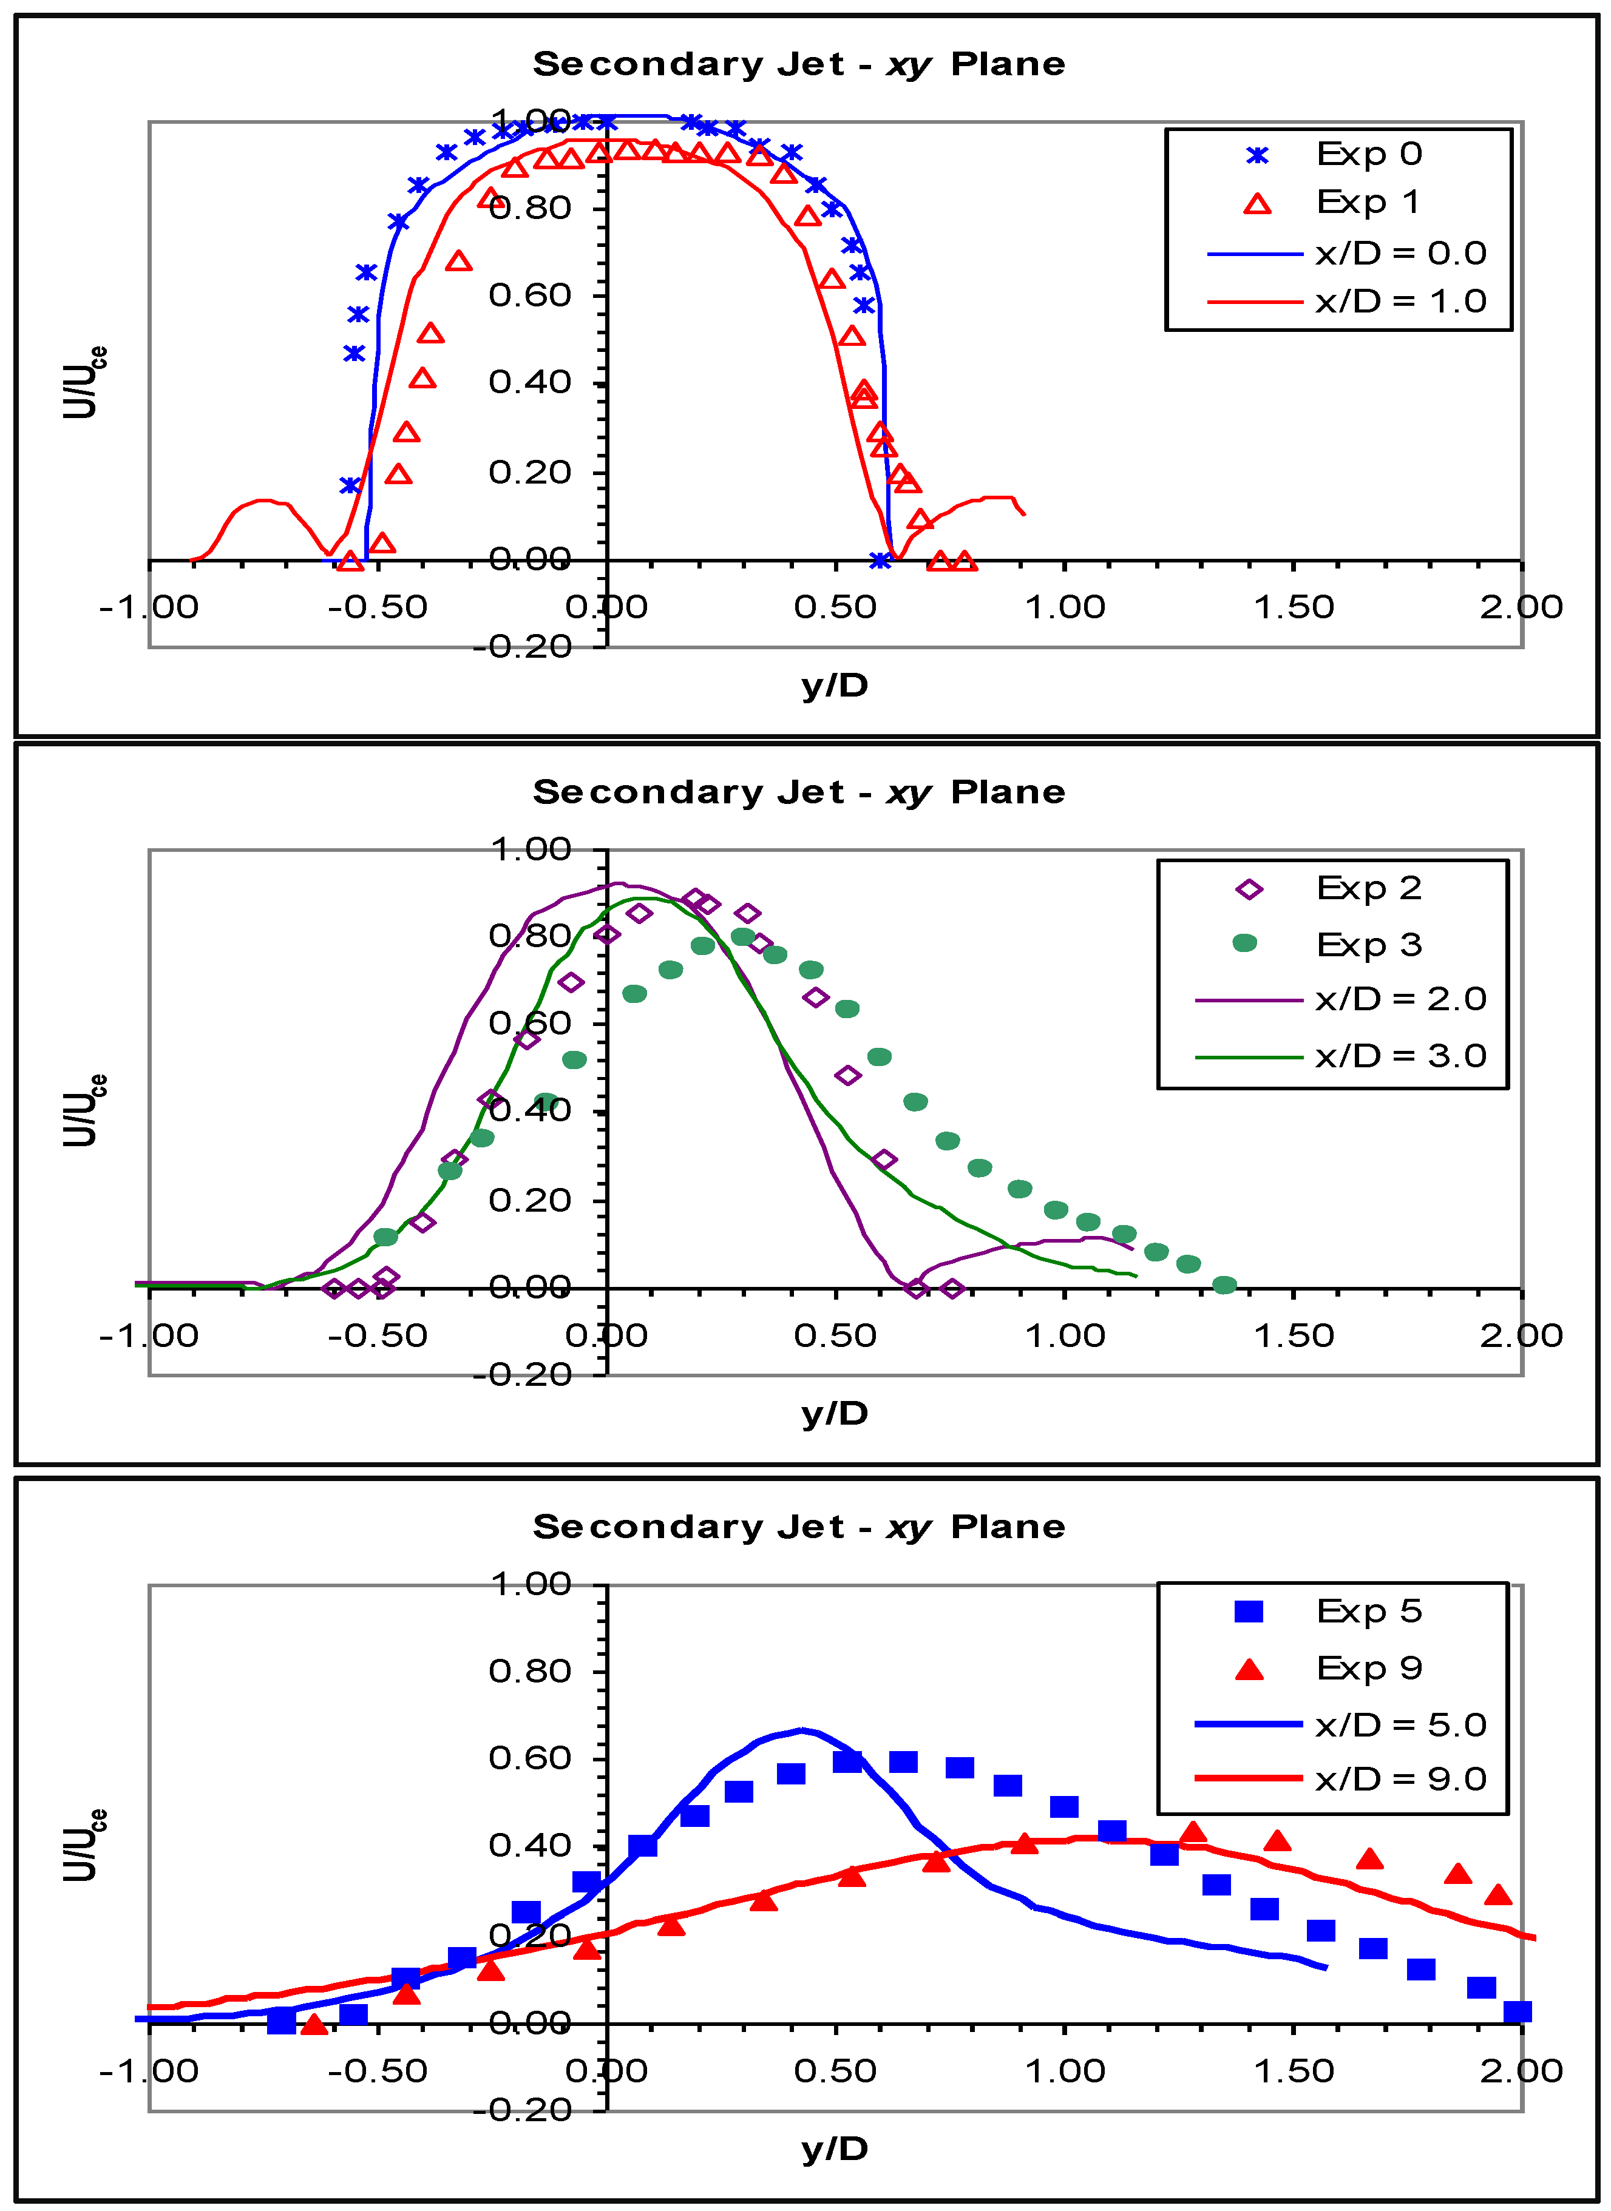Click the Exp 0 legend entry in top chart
pos(1367,154)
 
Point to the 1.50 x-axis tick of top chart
pos(1293,607)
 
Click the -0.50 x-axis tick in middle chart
pos(378,1335)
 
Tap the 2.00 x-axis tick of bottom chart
pos(1521,2071)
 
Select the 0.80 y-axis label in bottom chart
pos(529,1671)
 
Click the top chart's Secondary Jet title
pos(799,64)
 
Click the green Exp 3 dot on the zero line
pos(1224,1286)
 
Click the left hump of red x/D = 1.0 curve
pos(262,501)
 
